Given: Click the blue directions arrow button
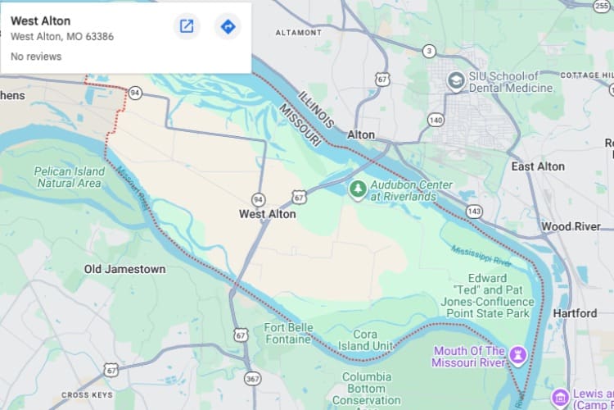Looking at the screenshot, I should [x=228, y=26].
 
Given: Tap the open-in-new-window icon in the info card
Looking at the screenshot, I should [x=187, y=26].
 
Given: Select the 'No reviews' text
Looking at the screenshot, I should [x=35, y=57].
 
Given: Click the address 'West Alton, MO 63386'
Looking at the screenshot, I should [x=62, y=37].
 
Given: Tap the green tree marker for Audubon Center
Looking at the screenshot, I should [x=357, y=189].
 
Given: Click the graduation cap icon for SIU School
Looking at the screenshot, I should [x=456, y=81].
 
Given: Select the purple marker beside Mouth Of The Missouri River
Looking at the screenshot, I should [x=517, y=355].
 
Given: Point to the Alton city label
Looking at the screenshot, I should [x=361, y=134].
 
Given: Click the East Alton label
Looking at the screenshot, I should [x=538, y=166].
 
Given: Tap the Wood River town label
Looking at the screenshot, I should [x=571, y=226].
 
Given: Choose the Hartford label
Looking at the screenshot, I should [x=575, y=313].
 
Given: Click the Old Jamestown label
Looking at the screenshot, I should [x=124, y=269].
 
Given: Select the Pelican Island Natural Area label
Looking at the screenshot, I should [x=70, y=177].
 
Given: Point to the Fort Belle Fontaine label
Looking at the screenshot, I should [x=288, y=335].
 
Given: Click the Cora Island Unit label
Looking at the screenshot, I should [x=365, y=340].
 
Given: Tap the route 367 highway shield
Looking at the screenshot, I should [x=252, y=378].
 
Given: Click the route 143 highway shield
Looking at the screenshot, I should [x=474, y=211].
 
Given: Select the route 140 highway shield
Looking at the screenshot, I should [x=436, y=120].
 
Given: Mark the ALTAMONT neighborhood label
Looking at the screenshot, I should [x=299, y=33].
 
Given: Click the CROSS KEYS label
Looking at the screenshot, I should [x=87, y=394].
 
